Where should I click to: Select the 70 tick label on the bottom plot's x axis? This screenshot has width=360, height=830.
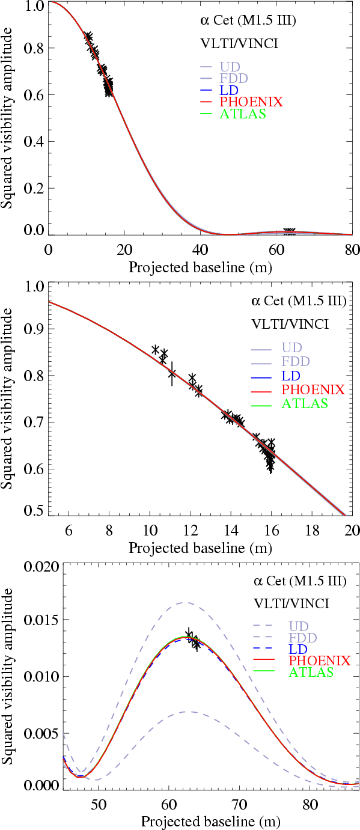point(239,804)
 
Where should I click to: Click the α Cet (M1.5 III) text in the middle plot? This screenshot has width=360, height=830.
point(298,302)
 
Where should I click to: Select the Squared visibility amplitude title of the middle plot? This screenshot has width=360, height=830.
point(8,398)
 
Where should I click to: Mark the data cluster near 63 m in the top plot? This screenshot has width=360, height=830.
point(289,232)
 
